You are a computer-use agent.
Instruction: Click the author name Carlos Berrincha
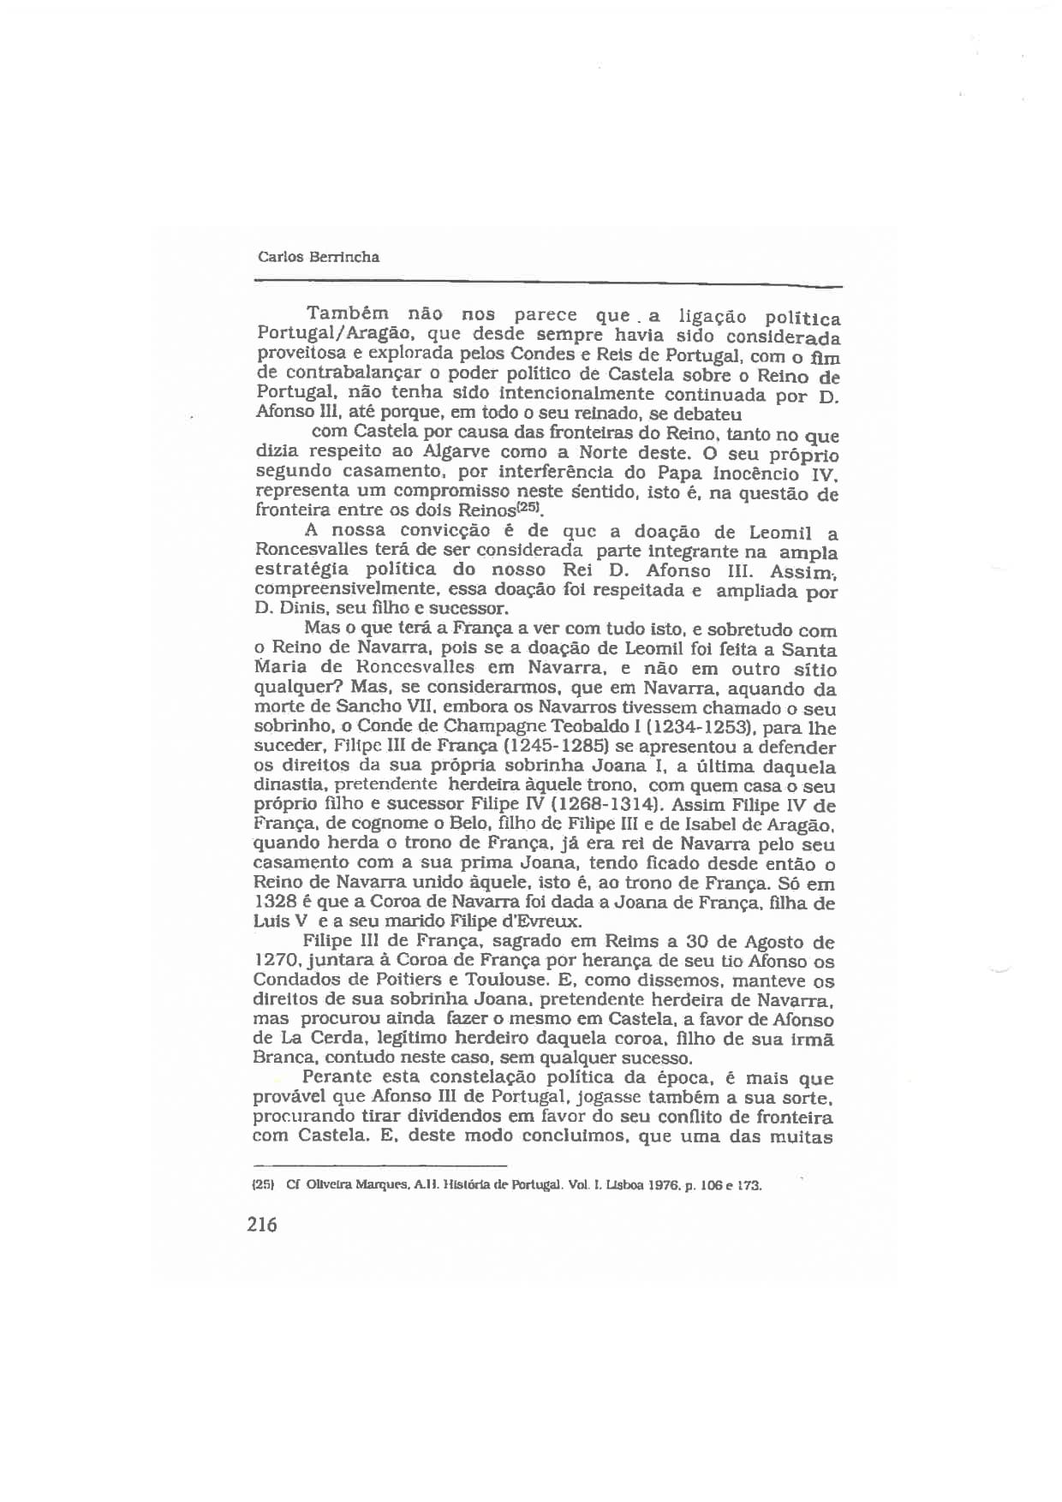[318, 257]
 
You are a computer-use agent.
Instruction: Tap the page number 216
[262, 1225]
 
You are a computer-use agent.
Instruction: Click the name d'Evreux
[543, 922]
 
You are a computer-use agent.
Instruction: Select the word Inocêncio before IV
[755, 473]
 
